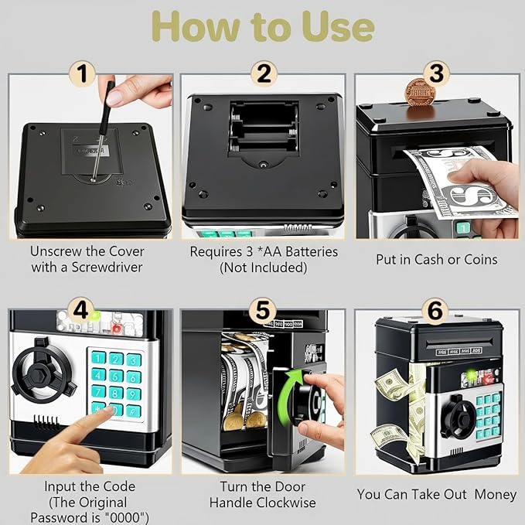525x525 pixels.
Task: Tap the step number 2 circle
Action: pos(263,74)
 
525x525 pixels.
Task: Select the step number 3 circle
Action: pos(437,74)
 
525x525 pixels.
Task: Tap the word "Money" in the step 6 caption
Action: pos(495,493)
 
